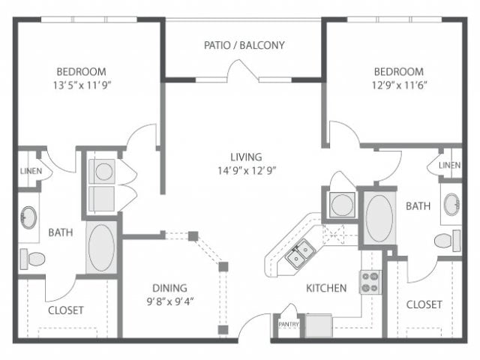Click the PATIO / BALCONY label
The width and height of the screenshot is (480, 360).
tap(244, 45)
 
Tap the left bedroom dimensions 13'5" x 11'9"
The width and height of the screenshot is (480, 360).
tap(82, 85)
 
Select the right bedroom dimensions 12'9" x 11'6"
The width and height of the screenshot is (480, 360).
tap(399, 85)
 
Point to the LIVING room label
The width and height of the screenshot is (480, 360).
tap(246, 157)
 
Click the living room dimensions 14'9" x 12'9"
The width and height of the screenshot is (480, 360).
tap(247, 170)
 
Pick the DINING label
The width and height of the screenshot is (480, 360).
tap(169, 288)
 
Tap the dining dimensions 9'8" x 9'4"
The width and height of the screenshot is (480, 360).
tap(170, 301)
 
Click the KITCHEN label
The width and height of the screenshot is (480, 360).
tap(326, 288)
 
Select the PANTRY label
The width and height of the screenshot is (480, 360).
tap(289, 324)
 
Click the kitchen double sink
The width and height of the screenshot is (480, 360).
tap(300, 254)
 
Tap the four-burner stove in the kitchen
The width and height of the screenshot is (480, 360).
tap(370, 282)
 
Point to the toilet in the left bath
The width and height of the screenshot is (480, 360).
tap(32, 259)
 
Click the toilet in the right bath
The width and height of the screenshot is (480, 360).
tap(447, 240)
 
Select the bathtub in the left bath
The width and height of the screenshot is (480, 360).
tap(101, 247)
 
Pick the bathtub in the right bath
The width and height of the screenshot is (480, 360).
tap(379, 218)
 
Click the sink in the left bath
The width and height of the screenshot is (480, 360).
tap(28, 217)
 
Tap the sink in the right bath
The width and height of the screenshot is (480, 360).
tap(451, 204)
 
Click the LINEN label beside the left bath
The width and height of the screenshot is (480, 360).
tap(31, 171)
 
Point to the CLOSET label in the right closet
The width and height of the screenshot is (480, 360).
tap(424, 304)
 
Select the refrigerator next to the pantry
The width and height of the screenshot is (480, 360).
tap(319, 325)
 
